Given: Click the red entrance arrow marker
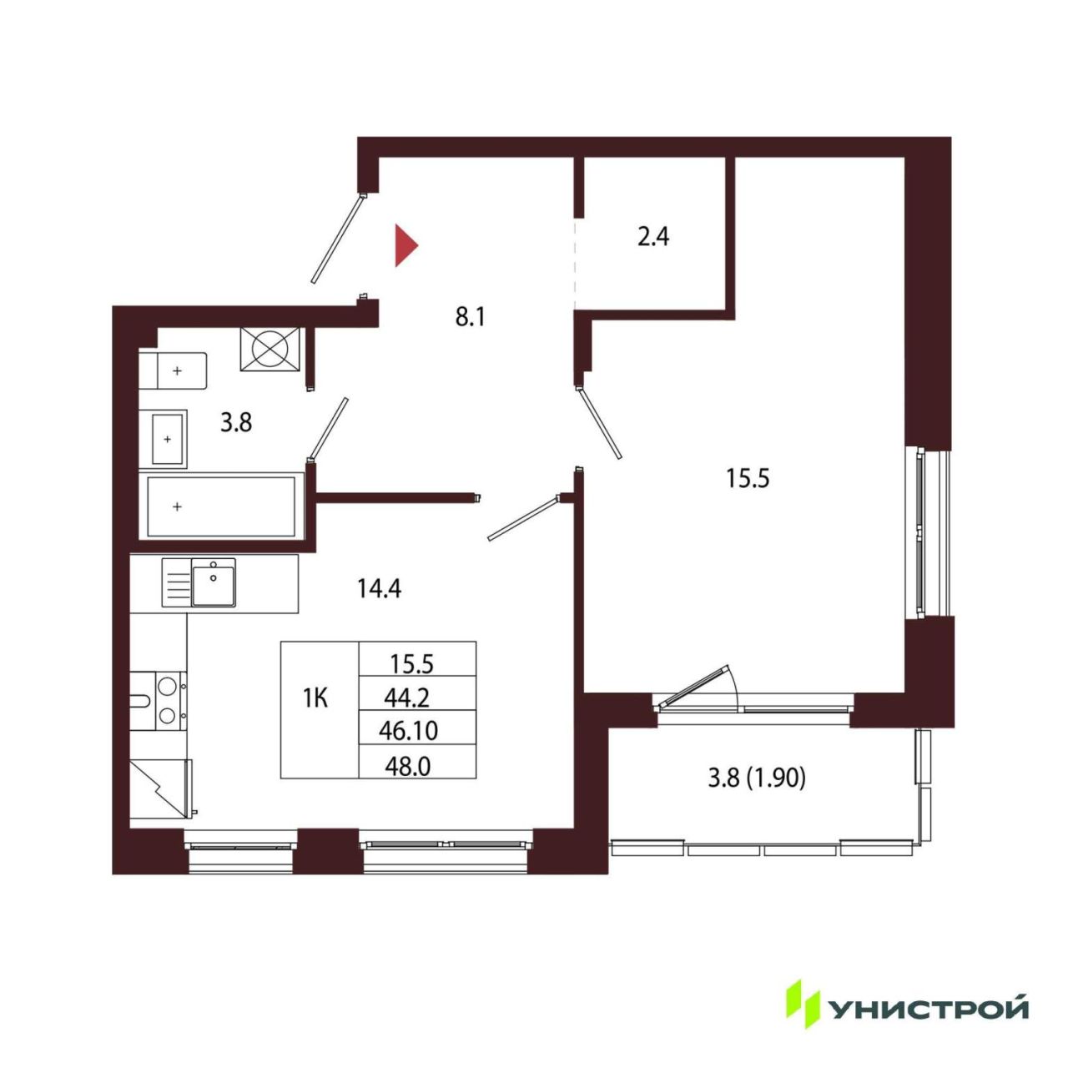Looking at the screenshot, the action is (405, 245).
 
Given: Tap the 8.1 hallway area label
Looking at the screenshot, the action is (470, 318).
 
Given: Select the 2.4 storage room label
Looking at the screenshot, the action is (652, 237).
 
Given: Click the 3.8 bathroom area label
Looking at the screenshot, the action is (236, 423).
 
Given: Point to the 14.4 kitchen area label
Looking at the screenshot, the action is (379, 588).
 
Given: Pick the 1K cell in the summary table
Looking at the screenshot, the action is (315, 699).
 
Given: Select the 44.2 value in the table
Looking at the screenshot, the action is (407, 699).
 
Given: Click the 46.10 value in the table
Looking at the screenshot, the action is (409, 731).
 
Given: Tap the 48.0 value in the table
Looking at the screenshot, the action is (408, 767).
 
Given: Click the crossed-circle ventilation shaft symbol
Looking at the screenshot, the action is (270, 349).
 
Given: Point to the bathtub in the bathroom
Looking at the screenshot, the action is (222, 506).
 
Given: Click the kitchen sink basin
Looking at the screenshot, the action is (214, 582).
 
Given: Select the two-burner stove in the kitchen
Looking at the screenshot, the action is (159, 701).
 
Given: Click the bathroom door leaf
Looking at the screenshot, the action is (328, 427).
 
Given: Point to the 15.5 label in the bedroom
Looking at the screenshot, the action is (748, 478).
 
